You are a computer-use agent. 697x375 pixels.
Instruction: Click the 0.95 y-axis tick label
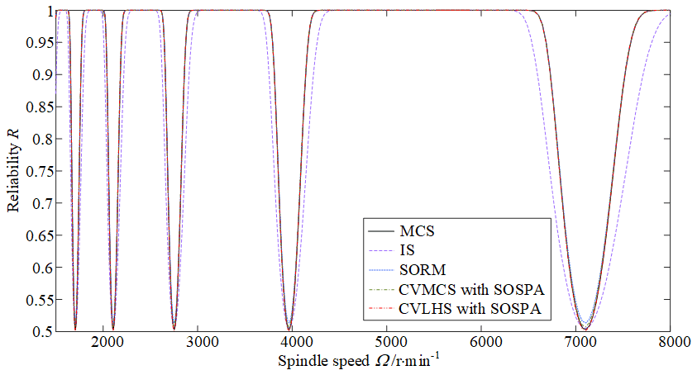pyautogui.click(x=37, y=42)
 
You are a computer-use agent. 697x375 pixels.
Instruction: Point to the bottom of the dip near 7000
pyautogui.click(x=584, y=330)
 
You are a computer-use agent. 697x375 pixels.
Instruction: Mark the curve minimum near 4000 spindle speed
pyautogui.click(x=289, y=330)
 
